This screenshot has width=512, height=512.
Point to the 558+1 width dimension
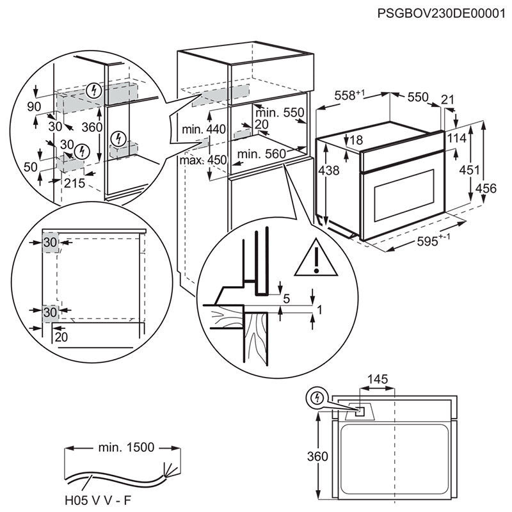coord(349,95)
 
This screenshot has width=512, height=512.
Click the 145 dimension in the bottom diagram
coord(378,380)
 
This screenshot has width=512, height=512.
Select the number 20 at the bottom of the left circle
coord(61,337)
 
